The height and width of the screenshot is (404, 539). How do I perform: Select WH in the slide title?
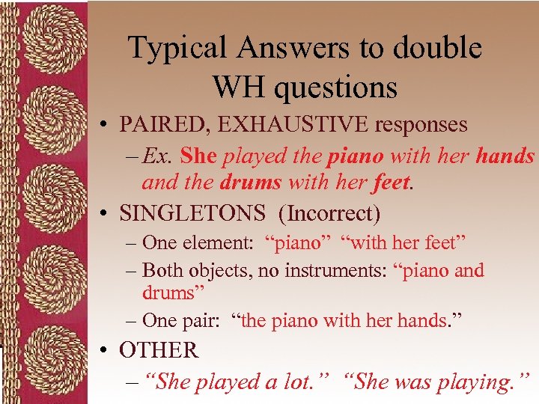(238, 88)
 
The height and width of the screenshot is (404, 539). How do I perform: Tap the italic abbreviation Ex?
(156, 156)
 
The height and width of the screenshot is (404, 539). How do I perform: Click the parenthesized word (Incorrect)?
(329, 215)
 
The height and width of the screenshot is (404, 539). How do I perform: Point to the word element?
(219, 243)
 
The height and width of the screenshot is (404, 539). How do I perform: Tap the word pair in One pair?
(201, 321)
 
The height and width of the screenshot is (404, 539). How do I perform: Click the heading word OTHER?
(159, 350)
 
